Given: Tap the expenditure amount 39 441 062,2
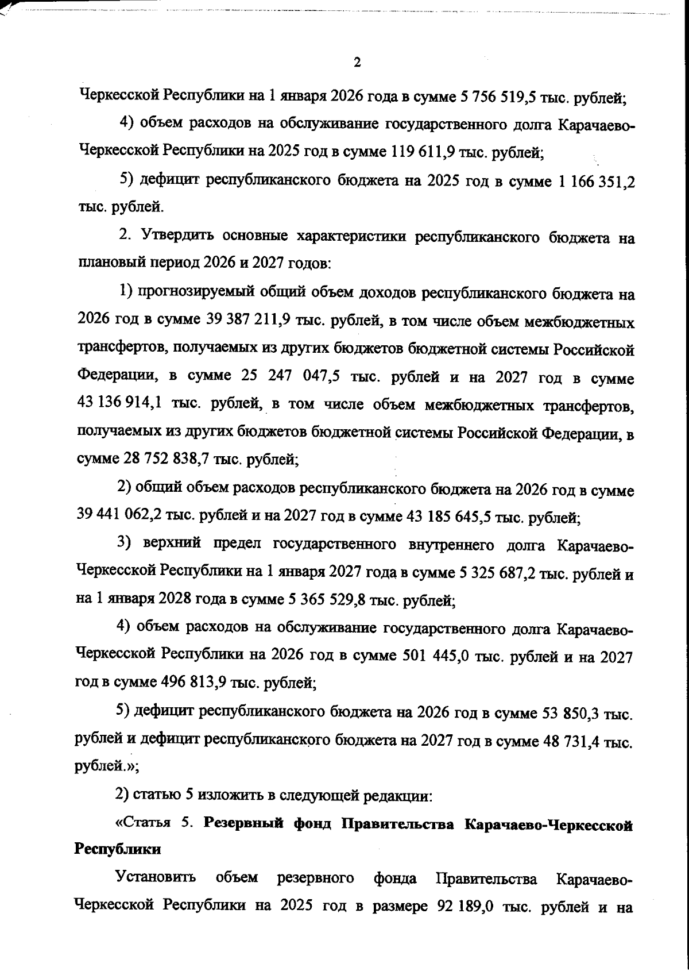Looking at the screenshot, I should pos(118,516).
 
